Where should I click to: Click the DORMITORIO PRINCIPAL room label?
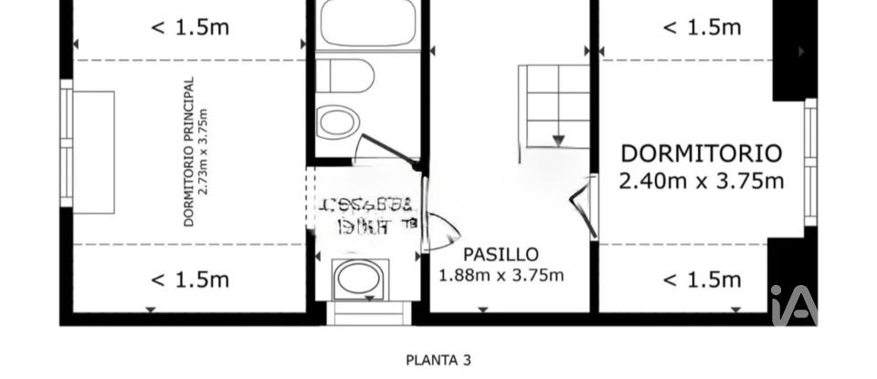188,151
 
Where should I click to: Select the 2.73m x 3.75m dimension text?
205,151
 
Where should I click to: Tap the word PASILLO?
501,255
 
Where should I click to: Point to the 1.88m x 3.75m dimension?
502,275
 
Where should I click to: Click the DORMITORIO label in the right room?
701,153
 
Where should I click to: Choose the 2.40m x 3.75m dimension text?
701,181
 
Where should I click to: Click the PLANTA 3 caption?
438,360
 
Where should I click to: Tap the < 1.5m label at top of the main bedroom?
189,27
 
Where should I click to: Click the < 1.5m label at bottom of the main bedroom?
189,279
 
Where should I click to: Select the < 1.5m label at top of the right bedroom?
701,27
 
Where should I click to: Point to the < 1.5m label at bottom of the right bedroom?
701,279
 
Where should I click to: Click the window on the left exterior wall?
66,144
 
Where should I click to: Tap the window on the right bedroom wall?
810,162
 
